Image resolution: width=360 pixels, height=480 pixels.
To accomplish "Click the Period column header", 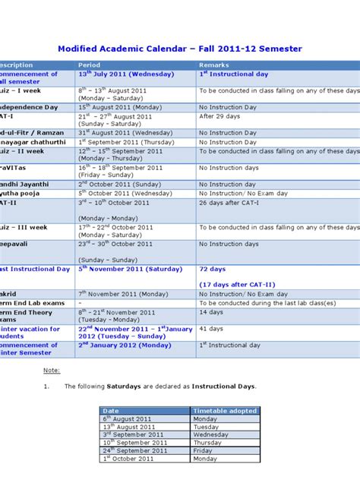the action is click(89, 65).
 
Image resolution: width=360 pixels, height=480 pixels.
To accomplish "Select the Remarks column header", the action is click(213, 65).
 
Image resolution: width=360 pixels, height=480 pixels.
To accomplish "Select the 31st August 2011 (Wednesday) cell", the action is click(120, 133).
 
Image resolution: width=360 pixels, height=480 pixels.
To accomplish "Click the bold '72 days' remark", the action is click(213, 269).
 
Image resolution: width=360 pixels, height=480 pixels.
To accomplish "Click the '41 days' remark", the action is click(211, 329).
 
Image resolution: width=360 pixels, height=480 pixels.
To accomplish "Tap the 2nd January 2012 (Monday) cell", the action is click(125, 345).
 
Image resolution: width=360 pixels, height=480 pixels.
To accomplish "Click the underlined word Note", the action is click(52, 370).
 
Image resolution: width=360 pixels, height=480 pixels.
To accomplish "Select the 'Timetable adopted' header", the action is click(225, 411).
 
